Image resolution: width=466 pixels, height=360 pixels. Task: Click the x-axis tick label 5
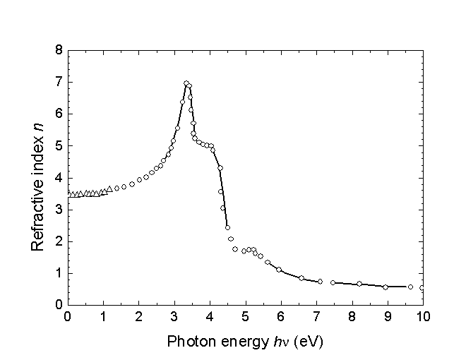[245, 317]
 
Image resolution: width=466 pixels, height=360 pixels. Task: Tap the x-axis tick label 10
[422, 317]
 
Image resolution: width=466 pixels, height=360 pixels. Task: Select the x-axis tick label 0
[67, 317]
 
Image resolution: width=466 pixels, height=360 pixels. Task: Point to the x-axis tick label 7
[316, 317]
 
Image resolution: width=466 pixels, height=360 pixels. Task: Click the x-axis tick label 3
[174, 317]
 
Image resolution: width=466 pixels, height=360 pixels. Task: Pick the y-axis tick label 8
[58, 51]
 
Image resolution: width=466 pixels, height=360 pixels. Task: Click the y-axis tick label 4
[58, 178]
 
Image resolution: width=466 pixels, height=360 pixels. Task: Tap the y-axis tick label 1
[58, 273]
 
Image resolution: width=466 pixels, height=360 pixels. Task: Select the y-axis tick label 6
[58, 114]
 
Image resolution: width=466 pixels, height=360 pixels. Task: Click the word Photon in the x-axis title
[189, 341]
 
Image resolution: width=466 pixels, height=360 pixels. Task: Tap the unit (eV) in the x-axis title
[308, 341]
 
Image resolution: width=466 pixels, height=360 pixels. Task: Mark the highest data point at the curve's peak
[186, 83]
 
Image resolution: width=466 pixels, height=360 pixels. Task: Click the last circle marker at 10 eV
[422, 288]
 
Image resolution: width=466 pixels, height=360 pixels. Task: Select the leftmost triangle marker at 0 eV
[68, 193]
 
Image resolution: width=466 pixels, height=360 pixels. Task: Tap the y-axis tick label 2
[58, 241]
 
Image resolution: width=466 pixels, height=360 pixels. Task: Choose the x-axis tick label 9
[387, 317]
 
